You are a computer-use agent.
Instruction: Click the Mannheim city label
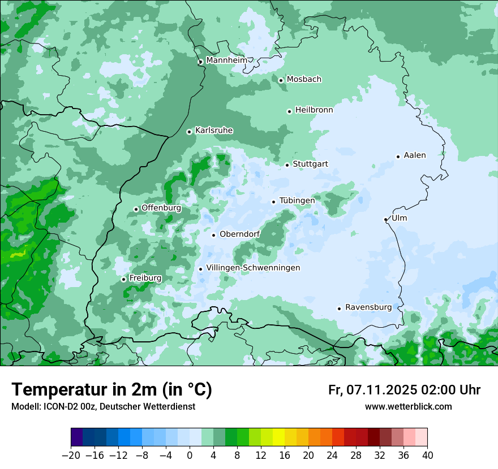coord(226,60)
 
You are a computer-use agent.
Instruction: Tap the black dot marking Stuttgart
coord(287,165)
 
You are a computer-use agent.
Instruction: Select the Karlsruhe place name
coord(214,131)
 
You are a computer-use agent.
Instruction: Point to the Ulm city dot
coord(385,219)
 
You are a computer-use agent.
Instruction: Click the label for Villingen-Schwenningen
coord(253,268)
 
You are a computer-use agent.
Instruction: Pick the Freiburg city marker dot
coord(123,279)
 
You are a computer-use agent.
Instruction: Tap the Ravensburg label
coord(368,307)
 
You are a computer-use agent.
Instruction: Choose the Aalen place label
coord(415,155)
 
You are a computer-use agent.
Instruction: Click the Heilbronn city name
coord(314,110)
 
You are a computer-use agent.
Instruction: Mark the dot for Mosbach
coord(281,80)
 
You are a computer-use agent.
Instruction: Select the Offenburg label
coord(161,208)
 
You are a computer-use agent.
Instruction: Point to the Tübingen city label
coord(297,201)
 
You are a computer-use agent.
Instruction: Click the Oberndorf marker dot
coord(213,235)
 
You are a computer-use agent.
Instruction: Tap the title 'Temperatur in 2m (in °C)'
coord(111,390)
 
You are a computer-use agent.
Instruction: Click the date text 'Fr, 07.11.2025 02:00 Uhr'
coord(404,390)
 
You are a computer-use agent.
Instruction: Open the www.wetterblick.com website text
coord(408,406)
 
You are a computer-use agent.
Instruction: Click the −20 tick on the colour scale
coord(71,455)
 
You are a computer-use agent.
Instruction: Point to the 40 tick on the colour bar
coord(427,455)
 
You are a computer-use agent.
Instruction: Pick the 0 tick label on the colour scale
coord(190,455)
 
